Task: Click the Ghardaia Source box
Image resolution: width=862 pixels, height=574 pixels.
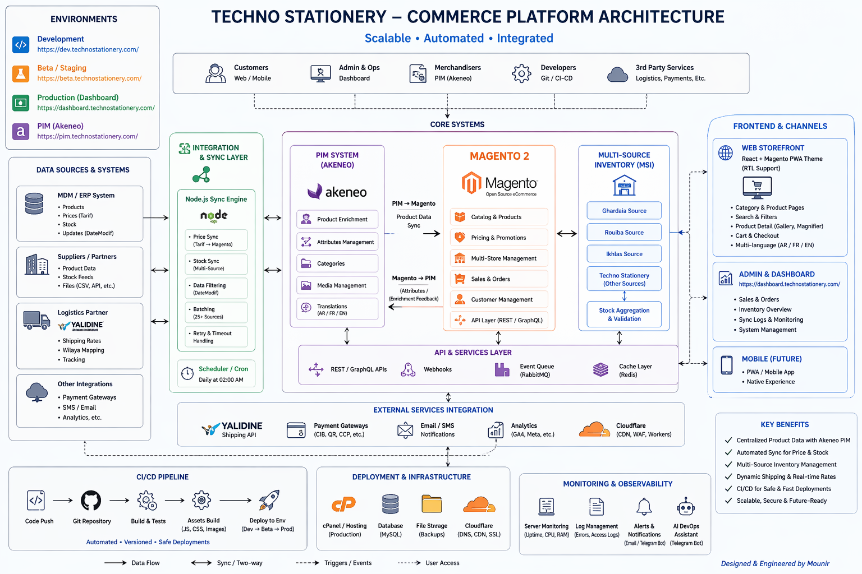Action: pyautogui.click(x=624, y=211)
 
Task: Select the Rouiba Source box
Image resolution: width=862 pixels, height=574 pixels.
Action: pyautogui.click(x=624, y=233)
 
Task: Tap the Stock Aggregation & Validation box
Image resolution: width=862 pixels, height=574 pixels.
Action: pyautogui.click(x=624, y=314)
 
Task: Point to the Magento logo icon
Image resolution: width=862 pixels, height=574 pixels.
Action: pyautogui.click(x=471, y=183)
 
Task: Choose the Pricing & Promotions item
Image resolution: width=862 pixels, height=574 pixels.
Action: pyautogui.click(x=498, y=238)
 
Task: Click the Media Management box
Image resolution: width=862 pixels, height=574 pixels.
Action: pyautogui.click(x=337, y=285)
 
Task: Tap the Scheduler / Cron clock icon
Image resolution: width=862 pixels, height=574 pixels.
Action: pyautogui.click(x=186, y=373)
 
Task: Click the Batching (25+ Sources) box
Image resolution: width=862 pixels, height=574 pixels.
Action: pyautogui.click(x=216, y=313)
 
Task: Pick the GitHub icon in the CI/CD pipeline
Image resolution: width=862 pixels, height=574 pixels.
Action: pyautogui.click(x=91, y=501)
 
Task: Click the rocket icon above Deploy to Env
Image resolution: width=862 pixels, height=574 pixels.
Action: pyautogui.click(x=269, y=500)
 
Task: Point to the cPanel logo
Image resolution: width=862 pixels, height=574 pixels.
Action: pyautogui.click(x=344, y=504)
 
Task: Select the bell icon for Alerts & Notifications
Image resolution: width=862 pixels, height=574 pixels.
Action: pyautogui.click(x=644, y=507)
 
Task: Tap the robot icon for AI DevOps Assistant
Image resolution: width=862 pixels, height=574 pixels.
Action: pyautogui.click(x=686, y=507)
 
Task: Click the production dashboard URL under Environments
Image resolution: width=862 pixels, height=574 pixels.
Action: pyautogui.click(x=96, y=108)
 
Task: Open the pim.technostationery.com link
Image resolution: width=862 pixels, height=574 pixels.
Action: pyautogui.click(x=88, y=136)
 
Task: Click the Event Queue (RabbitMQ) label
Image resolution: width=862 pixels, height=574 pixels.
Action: pyautogui.click(x=537, y=371)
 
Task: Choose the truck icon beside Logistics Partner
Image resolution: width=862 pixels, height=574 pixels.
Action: pyautogui.click(x=36, y=320)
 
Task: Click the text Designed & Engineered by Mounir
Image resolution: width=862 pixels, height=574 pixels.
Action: pyautogui.click(x=775, y=563)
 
